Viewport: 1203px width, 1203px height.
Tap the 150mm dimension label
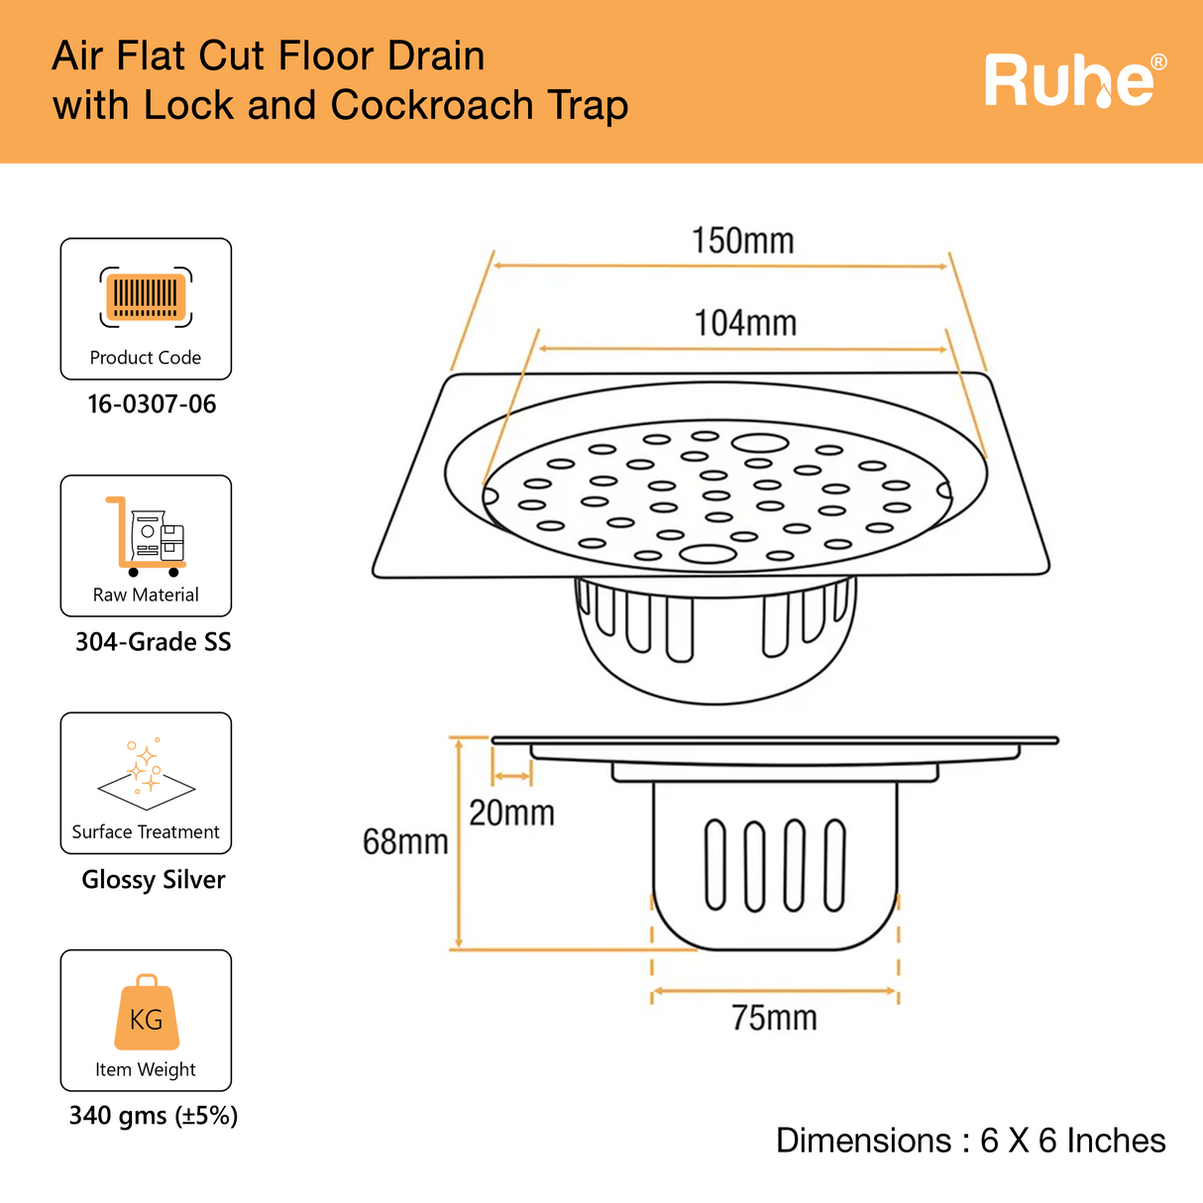point(742,241)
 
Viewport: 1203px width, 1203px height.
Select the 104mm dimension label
point(744,323)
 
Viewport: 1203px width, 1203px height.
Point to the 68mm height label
point(405,842)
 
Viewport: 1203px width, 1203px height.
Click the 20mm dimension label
point(511,814)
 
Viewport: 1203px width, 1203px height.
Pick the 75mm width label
point(774,1018)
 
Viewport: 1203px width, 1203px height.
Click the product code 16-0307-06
point(152,404)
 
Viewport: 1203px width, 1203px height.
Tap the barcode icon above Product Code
point(146,296)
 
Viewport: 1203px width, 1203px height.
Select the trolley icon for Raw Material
point(146,536)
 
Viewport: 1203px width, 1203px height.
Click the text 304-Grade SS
point(153,642)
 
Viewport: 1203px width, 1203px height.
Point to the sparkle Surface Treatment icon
point(146,770)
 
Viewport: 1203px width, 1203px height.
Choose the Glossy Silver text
point(153,880)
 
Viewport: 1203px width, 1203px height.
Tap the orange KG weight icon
point(146,1014)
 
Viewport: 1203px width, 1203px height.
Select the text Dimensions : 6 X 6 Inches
point(970,1141)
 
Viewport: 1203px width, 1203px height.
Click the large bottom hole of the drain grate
point(708,554)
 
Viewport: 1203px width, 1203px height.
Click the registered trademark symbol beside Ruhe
point(1157,63)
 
